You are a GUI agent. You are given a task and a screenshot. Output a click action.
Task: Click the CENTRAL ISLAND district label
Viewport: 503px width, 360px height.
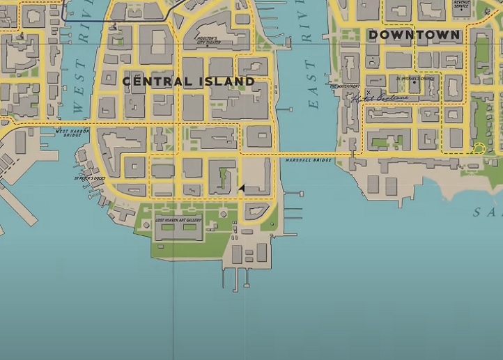188,81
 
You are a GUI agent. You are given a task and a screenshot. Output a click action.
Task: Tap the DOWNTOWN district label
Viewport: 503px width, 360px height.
414,35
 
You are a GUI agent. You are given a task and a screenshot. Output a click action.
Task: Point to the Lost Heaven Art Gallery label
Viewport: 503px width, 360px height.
178,220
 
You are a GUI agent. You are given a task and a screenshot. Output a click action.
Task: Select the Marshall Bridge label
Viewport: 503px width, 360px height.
309,161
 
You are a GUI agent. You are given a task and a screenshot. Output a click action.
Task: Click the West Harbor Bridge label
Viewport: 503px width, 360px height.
72,132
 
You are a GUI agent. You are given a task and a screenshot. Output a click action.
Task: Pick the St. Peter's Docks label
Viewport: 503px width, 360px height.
90,178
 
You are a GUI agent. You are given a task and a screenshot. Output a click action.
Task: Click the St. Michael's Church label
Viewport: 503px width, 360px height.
415,79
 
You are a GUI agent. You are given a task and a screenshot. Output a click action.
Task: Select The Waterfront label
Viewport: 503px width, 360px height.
345,86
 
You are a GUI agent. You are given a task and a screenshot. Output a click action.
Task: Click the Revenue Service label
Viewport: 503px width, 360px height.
461,4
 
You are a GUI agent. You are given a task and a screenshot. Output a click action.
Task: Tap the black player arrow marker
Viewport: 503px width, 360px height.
241,188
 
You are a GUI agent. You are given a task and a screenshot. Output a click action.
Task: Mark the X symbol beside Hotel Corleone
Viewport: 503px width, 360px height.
368,92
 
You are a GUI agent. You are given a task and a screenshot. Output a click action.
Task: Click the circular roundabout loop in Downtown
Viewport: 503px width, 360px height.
478,148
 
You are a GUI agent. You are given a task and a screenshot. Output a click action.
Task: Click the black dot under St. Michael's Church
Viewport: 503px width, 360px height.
415,91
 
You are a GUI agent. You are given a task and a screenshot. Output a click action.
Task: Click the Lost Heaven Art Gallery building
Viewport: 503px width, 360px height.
178,230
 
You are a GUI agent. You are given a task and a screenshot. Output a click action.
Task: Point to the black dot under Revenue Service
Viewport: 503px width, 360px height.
461,13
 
